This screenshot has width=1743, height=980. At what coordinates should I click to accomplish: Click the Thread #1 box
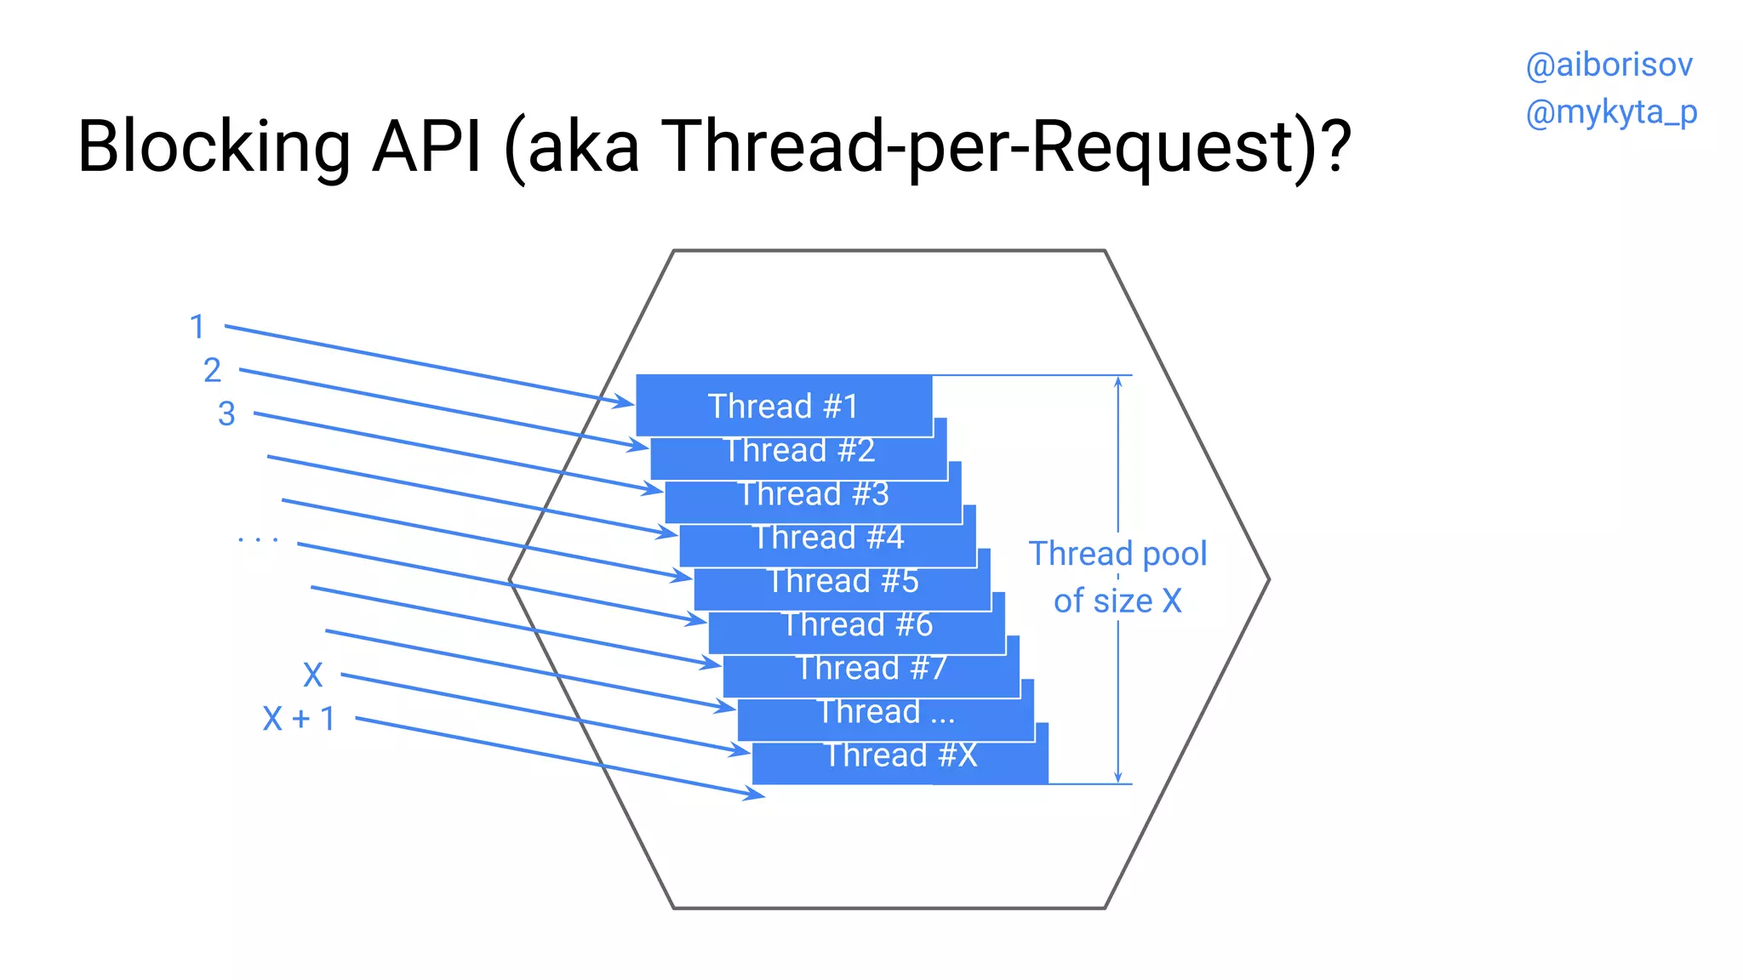click(784, 406)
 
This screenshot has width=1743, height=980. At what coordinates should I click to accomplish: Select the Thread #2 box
click(798, 451)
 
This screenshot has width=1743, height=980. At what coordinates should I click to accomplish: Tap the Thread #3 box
click(813, 494)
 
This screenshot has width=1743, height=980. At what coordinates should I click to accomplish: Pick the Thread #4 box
click(827, 538)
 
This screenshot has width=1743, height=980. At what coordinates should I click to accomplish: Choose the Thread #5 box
click(842, 582)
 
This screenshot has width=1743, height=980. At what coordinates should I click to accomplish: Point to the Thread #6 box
click(856, 625)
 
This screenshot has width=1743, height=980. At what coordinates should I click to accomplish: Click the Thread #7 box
click(871, 669)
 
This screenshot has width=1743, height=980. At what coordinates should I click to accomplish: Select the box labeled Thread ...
click(885, 712)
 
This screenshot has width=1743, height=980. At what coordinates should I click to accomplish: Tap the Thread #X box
click(900, 755)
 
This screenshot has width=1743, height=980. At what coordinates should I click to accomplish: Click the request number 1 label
click(197, 327)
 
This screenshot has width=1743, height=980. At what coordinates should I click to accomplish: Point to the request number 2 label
click(212, 370)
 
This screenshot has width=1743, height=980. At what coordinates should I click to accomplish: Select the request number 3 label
click(226, 414)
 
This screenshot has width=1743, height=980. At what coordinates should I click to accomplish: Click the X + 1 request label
click(299, 719)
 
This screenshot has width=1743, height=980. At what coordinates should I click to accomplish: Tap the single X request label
click(313, 675)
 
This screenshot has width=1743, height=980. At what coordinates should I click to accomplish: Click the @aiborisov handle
click(1609, 66)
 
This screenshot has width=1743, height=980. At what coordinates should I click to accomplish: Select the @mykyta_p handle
click(1611, 112)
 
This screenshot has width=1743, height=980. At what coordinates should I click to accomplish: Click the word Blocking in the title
click(214, 146)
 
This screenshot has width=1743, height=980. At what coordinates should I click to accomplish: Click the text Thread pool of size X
click(1117, 577)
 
